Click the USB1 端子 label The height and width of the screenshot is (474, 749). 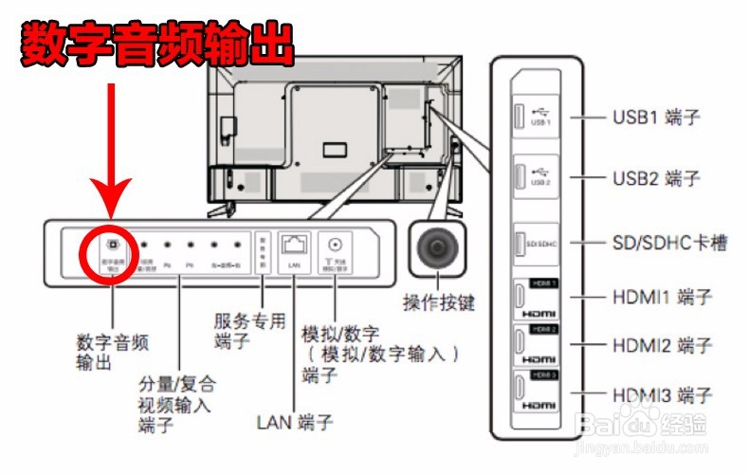pyautogui.click(x=655, y=118)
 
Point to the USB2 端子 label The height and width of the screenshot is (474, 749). pyautogui.click(x=655, y=178)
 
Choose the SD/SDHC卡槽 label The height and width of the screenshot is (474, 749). pyautogui.click(x=669, y=243)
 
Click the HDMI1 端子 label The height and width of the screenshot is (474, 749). pyautogui.click(x=662, y=297)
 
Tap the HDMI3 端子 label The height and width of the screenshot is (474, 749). pyautogui.click(x=662, y=392)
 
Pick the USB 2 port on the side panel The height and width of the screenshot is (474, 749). pyautogui.click(x=521, y=174)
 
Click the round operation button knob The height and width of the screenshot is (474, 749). pyautogui.click(x=437, y=249)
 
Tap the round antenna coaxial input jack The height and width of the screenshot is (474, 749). pyautogui.click(x=335, y=243)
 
